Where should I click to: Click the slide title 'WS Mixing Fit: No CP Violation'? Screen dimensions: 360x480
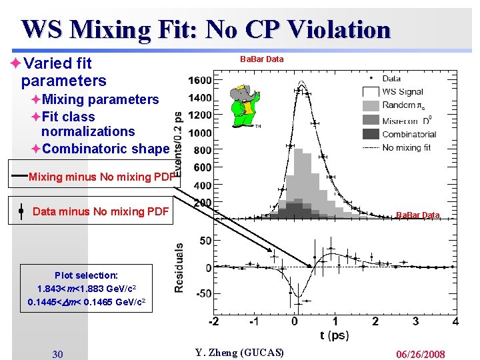click(205, 29)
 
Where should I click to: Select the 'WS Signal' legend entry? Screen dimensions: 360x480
click(403, 91)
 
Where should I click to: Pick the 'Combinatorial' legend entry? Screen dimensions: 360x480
click(409, 134)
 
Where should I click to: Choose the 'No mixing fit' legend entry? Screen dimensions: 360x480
click(406, 147)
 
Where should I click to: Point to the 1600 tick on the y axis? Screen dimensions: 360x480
click(200, 81)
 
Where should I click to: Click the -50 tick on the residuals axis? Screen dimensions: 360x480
click(203, 293)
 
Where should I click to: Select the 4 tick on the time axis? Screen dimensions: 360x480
click(455, 322)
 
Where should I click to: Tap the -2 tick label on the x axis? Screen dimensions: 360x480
click(213, 322)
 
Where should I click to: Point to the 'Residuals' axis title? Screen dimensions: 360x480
click(179, 267)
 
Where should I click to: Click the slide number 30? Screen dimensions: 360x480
click(58, 354)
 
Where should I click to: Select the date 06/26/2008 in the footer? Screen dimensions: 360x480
click(419, 354)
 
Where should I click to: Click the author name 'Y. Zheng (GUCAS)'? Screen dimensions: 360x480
click(239, 353)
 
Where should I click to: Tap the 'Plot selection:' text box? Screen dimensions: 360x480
click(86, 289)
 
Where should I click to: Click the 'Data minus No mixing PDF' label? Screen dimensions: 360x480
click(100, 211)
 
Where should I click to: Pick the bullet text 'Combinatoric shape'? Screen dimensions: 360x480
click(105, 149)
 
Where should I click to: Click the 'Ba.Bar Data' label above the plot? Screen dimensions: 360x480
click(261, 59)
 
